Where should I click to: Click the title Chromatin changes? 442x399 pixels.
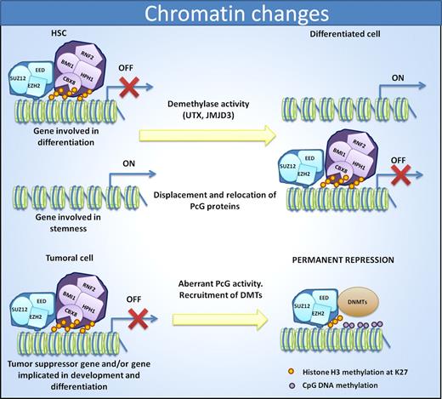tap(221, 16)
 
